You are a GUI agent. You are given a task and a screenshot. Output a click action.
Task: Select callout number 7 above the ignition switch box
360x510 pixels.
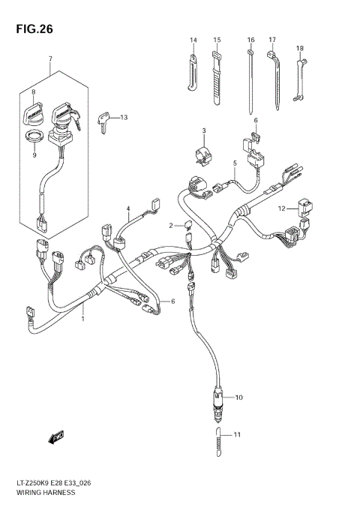50,58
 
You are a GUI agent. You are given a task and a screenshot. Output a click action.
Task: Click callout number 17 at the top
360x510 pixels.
272,39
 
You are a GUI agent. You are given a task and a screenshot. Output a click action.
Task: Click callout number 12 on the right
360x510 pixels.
281,208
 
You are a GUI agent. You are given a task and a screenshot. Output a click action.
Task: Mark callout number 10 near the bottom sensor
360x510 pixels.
239,397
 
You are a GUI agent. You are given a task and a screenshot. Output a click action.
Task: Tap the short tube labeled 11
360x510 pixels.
217,447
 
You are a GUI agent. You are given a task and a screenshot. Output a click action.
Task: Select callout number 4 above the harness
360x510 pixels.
128,208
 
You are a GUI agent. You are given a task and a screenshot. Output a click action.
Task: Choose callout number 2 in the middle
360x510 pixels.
171,225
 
